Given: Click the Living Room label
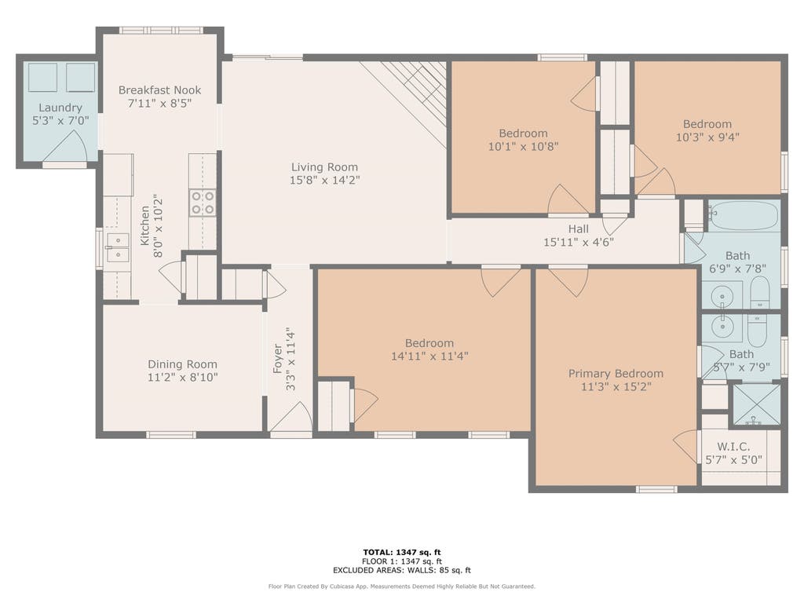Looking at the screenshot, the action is pyautogui.click(x=324, y=167).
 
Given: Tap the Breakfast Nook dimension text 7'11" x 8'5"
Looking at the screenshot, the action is pyautogui.click(x=159, y=103).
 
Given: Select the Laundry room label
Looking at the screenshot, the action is pyautogui.click(x=60, y=108).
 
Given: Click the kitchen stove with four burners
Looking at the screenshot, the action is pyautogui.click(x=203, y=203).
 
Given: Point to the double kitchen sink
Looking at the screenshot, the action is pyautogui.click(x=118, y=247).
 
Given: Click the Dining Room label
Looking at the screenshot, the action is pyautogui.click(x=182, y=364).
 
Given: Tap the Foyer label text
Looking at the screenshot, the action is pyautogui.click(x=277, y=358).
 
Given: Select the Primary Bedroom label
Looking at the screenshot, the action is pyautogui.click(x=616, y=373).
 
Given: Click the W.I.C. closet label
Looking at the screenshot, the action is pyautogui.click(x=734, y=447).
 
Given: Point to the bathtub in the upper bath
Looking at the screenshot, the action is pyautogui.click(x=744, y=216).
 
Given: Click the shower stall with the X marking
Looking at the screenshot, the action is pyautogui.click(x=756, y=404).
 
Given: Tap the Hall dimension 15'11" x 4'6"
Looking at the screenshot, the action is pyautogui.click(x=579, y=242).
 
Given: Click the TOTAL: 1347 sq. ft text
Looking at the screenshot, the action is pyautogui.click(x=401, y=552).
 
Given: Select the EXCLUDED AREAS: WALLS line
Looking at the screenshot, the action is pyautogui.click(x=401, y=570).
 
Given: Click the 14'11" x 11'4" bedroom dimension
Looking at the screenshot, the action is pyautogui.click(x=429, y=356).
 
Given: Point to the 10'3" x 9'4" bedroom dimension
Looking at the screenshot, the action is pyautogui.click(x=707, y=137).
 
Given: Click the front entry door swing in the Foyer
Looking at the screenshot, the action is pyautogui.click(x=291, y=417).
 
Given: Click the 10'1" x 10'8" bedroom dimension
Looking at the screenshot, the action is pyautogui.click(x=523, y=146).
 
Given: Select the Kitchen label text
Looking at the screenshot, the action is pyautogui.click(x=145, y=225).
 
